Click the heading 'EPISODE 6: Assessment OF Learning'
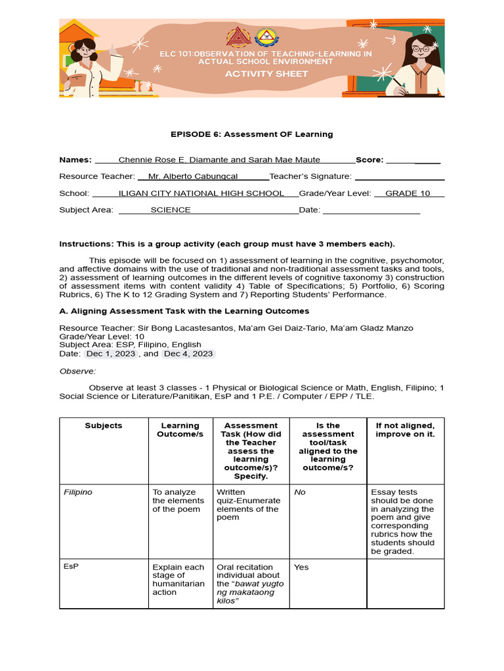pos(252,134)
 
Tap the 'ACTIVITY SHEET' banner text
pos(266,74)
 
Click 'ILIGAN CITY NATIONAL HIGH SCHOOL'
pos(201,193)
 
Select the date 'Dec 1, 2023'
pos(110,353)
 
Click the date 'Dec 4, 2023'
pos(188,353)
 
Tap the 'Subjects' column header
pos(104,426)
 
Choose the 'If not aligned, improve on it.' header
pos(405,430)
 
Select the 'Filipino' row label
pos(77,492)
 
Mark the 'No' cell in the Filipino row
pos(300,492)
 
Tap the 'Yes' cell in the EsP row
pos(301,567)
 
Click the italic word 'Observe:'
pos(77,371)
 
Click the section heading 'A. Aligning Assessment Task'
pos(184,311)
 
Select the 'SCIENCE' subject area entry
pos(171,210)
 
